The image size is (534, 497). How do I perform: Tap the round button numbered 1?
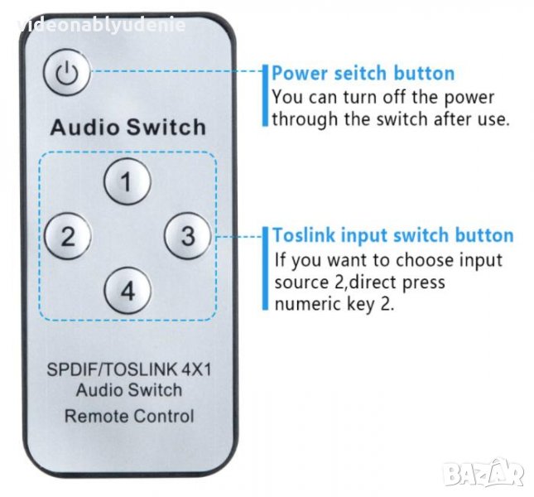[127, 181]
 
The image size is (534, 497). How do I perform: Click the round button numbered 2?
[68, 236]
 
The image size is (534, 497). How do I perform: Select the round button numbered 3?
[188, 236]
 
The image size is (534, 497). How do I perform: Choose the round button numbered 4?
[127, 291]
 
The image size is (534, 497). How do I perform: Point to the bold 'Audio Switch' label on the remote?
[128, 127]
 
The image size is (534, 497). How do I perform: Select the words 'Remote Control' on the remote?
[129, 416]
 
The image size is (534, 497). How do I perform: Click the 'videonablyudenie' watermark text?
[101, 26]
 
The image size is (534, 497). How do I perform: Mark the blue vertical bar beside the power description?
[265, 96]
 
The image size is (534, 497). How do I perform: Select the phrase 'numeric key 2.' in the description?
[334, 304]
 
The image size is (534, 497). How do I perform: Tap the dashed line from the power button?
[177, 71]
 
